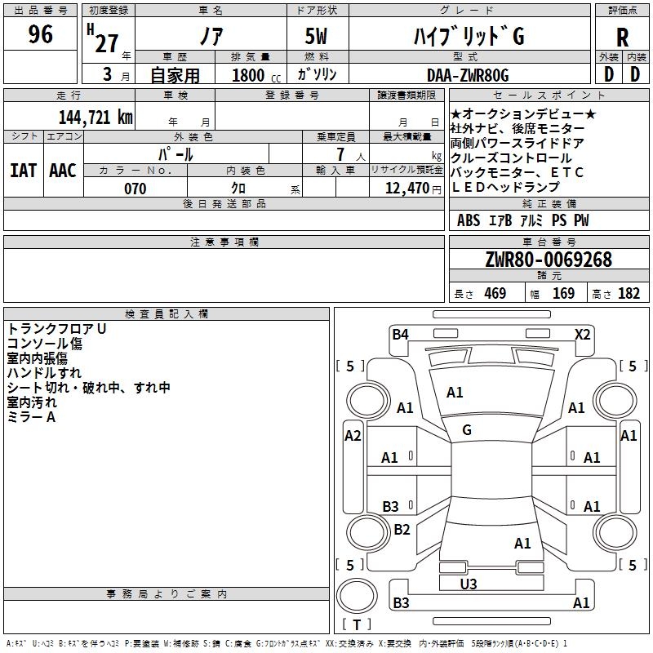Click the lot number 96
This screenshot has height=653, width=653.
40,34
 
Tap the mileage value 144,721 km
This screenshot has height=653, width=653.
96,118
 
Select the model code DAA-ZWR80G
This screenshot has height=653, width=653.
468,75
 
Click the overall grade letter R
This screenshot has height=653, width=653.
622,38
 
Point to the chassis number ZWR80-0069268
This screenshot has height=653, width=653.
549,260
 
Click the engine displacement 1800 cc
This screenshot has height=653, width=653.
256,75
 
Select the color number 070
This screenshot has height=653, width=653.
135,189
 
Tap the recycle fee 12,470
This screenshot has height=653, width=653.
407,189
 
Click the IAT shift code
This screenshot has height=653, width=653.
23,171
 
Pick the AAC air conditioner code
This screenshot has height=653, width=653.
63,171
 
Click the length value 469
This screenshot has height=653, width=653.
495,293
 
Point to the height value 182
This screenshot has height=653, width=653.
629,293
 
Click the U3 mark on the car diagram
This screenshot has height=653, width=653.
469,584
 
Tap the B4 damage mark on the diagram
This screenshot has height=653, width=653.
400,335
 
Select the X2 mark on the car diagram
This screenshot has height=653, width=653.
582,335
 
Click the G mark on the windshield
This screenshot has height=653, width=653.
467,430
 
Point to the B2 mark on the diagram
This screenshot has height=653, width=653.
402,529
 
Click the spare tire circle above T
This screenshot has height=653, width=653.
357,596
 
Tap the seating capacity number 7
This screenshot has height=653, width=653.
340,154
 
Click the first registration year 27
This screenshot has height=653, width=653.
106,43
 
